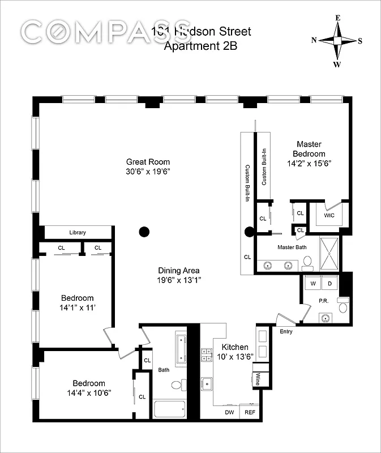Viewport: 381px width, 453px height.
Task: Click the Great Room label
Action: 148,162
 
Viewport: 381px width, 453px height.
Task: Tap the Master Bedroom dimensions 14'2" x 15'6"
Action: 309,164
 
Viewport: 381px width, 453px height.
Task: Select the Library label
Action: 78,233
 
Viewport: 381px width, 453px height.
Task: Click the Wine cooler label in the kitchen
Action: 257,379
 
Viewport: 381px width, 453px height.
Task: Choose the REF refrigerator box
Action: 249,413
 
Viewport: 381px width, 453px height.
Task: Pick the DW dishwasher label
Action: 229,413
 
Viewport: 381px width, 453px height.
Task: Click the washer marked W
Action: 312,283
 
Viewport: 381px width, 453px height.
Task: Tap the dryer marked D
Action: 330,283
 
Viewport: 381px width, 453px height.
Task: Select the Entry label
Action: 286,331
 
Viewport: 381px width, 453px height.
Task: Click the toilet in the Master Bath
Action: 307,262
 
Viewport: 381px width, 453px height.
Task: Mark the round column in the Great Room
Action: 144,231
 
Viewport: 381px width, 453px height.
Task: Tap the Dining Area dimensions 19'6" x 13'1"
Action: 179,280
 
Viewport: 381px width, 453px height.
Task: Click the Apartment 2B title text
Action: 200,46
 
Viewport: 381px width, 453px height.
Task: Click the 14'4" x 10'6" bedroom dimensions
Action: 88,393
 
